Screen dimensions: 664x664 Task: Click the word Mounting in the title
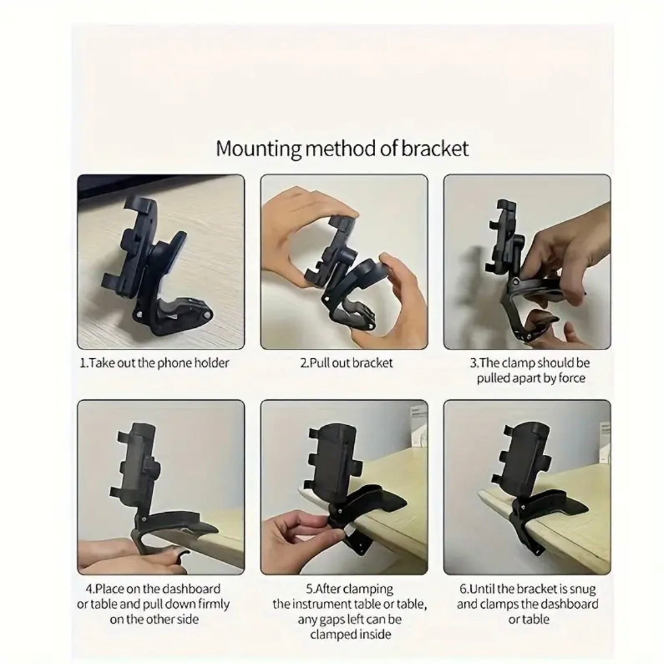click(258, 149)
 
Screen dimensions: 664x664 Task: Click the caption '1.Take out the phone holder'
click(154, 363)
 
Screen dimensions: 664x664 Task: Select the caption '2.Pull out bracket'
click(347, 363)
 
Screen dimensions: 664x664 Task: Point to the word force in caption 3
click(572, 378)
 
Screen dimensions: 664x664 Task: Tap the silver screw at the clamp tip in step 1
click(207, 315)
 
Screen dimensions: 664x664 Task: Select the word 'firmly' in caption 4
click(210, 604)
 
